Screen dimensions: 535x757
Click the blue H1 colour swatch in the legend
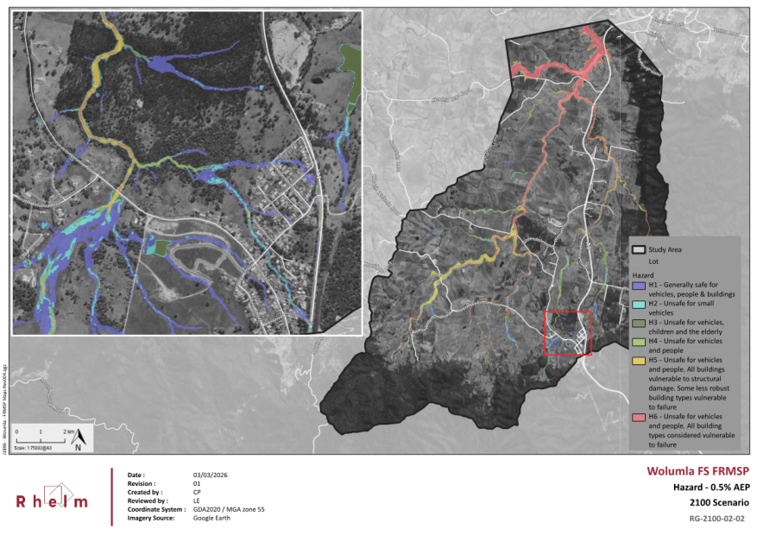[640, 285]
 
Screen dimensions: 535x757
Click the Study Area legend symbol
[640, 250]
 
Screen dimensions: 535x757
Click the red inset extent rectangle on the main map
[567, 333]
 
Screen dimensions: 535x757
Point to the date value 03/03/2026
[210, 475]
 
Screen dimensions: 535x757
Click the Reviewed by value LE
[197, 500]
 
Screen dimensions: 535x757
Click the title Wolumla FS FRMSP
[697, 471]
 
